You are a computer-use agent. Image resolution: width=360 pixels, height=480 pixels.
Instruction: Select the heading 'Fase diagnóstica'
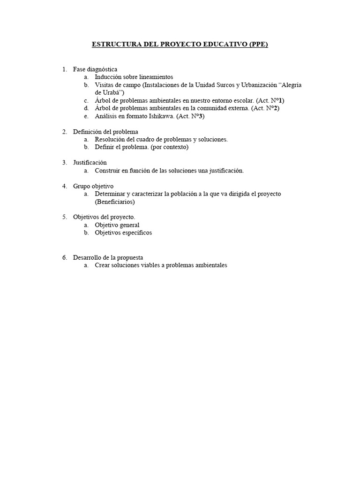point(95,69)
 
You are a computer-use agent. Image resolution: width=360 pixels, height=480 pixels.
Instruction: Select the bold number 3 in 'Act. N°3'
point(202,116)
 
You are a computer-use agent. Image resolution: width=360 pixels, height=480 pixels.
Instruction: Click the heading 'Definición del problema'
point(105,132)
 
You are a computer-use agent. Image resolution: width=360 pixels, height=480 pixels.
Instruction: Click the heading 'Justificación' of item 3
point(90,163)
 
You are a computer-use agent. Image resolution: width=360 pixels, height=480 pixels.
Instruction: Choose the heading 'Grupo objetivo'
point(93,186)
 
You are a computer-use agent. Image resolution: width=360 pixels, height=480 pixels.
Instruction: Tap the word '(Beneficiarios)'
point(114,202)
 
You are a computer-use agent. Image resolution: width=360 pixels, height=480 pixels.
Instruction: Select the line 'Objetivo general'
point(117,225)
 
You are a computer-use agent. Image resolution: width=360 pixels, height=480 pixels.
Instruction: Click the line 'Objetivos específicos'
point(123,232)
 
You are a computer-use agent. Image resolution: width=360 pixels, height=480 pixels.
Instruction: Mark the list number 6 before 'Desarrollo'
point(64,257)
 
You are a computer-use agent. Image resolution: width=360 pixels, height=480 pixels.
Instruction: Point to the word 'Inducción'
point(108,77)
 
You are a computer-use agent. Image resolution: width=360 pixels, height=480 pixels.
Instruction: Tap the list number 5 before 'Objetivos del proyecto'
point(64,217)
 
